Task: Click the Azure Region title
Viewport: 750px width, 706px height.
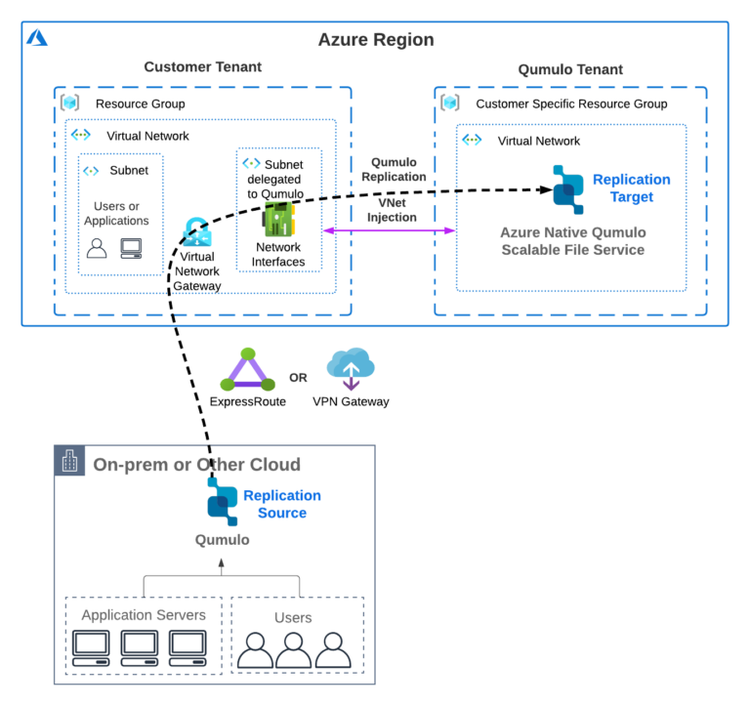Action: point(375,40)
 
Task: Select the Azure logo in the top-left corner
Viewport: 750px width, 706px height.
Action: point(37,38)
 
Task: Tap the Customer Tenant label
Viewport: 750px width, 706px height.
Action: point(202,67)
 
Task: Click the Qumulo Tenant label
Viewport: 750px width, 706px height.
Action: point(570,69)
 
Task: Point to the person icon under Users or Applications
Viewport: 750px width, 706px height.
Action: point(97,248)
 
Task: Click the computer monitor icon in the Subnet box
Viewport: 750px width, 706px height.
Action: point(132,248)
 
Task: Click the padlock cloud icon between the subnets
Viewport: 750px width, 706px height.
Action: point(197,232)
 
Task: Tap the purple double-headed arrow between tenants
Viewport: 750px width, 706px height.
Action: point(390,230)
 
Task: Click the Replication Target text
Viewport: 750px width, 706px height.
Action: point(631,188)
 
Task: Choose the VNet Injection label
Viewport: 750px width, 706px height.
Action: point(393,210)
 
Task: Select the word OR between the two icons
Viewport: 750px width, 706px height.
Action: point(299,377)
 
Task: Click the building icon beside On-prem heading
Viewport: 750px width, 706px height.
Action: point(70,462)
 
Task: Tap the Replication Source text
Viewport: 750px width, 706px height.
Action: point(281,504)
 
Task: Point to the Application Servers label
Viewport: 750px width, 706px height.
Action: point(144,615)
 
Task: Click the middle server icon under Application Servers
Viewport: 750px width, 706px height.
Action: point(140,648)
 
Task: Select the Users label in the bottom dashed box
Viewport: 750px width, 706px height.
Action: point(293,617)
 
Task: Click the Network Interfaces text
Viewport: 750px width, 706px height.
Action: point(278,255)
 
